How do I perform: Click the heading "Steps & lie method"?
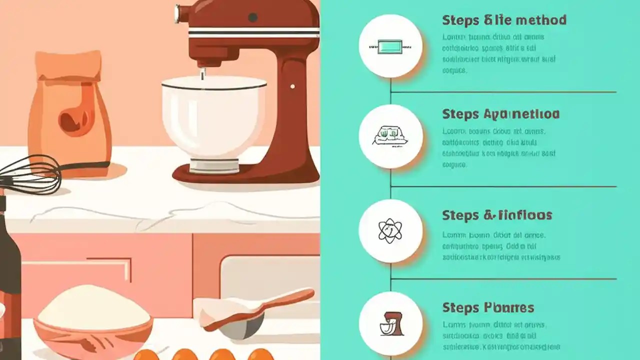pos(504,20)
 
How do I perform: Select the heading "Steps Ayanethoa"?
pos(500,114)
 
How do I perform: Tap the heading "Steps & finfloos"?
pos(497,215)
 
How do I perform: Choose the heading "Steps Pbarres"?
pos(488,307)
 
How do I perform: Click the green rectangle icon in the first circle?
pos(390,46)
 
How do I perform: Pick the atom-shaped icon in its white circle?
pos(390,230)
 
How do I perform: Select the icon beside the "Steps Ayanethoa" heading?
pos(390,136)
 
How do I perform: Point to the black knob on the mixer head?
pos(253,17)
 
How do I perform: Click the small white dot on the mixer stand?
pos(292,86)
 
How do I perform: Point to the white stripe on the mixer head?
pos(252,33)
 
